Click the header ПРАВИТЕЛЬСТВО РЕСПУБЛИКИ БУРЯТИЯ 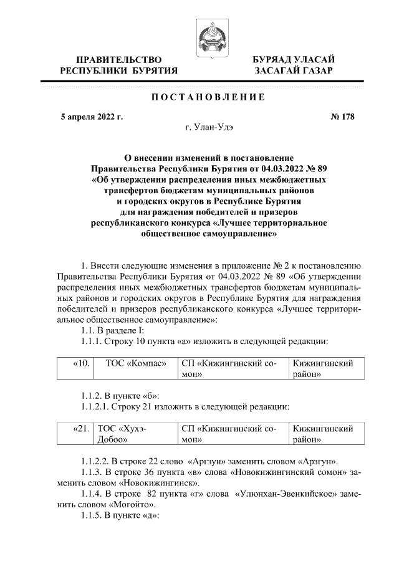coord(118,65)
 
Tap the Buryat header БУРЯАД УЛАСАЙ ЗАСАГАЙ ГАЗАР coord(293,65)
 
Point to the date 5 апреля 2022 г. coord(87,116)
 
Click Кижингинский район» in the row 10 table coord(323,368)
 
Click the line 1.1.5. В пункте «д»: coord(112,515)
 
